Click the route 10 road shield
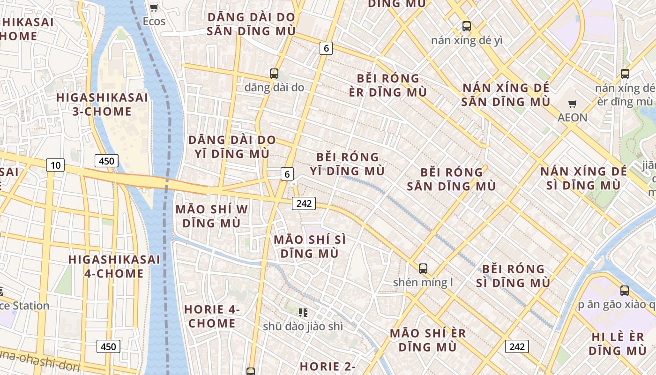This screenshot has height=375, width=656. pos(55,165)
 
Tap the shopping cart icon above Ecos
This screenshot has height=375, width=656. pos(154,7)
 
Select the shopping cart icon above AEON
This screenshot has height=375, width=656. pos(572,104)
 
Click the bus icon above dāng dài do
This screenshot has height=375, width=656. pos(274,74)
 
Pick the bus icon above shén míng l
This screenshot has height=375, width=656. pos(423,269)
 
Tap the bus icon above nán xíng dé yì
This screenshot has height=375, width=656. pos(466,26)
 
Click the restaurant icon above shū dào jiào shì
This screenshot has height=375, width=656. pos(303,312)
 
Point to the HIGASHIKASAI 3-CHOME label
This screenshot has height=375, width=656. pos(102,105)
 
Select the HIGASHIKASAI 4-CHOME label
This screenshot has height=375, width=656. pos(114,266)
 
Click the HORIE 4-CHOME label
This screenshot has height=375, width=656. pos(212,316)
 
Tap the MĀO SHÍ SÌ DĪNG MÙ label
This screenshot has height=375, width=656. pos(309,247)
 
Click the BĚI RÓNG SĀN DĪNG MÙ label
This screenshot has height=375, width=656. pos(451,179)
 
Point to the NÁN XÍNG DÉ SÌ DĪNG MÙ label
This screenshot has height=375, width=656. pos(583,178)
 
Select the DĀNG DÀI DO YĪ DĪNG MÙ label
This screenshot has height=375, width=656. pos(232,147)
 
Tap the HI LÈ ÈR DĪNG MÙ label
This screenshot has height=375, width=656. pos(618,344)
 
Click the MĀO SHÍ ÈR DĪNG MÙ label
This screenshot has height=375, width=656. pos(428,340)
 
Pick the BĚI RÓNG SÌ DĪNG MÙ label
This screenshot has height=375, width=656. pos(513,276)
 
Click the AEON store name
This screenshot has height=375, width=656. pos(572,117)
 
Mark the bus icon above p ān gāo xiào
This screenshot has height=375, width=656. pos(624,291)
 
